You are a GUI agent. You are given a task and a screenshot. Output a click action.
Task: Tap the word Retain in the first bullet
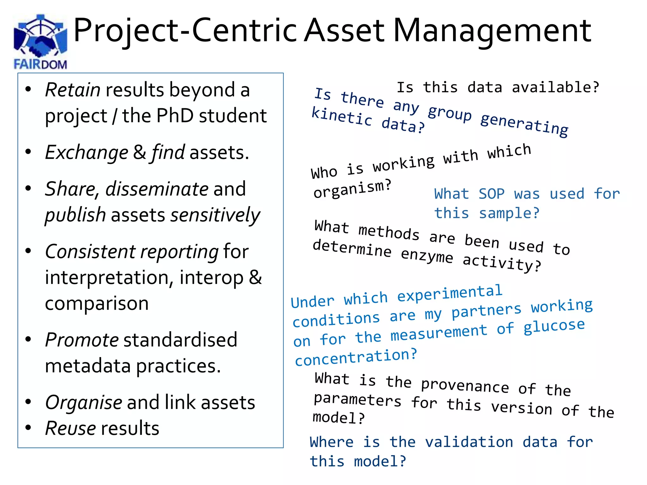point(73,90)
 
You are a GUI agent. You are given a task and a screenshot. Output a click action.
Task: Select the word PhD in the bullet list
point(175,116)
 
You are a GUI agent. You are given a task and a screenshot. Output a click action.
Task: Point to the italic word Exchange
point(87,153)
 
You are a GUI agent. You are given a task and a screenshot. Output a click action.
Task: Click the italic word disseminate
point(157,189)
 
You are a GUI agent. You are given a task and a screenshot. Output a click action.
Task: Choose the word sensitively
point(215,215)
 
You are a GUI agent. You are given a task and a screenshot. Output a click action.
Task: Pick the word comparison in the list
point(97,304)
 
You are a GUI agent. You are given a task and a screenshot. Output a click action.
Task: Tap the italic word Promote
point(82,340)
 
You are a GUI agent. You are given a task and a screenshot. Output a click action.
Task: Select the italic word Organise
point(84,403)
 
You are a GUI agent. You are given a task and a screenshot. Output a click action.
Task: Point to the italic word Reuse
point(70,428)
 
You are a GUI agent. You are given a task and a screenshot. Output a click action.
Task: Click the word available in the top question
point(555,87)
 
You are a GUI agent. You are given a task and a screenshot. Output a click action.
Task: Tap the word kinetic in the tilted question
point(342,117)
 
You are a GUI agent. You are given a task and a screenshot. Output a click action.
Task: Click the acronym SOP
point(491,194)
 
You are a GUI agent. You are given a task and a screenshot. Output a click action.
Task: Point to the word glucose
point(554,326)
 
